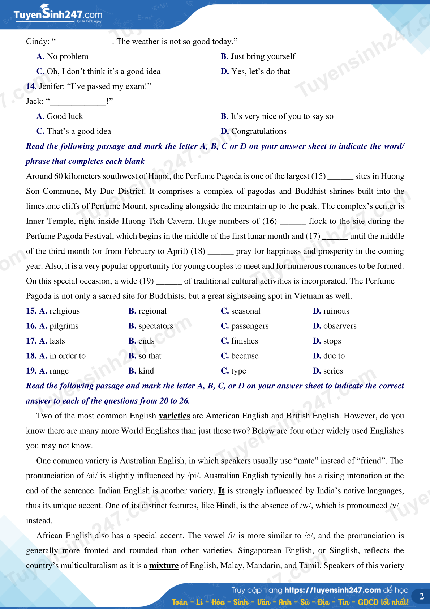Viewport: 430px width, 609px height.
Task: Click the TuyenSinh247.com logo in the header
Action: pyautogui.click(x=58, y=14)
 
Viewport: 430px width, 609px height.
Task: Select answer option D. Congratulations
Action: pyautogui.click(x=254, y=131)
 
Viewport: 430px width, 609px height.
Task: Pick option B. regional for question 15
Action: pyautogui.click(x=147, y=311)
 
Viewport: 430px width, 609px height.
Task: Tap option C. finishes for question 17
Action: pyautogui.click(x=240, y=341)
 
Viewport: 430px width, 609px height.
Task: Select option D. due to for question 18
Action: pyautogui.click(x=329, y=356)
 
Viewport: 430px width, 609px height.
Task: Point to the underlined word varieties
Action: pyautogui.click(x=174, y=416)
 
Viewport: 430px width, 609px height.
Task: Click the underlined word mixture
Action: pyautogui.click(x=164, y=566)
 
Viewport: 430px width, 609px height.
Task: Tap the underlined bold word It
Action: pyautogui.click(x=221, y=491)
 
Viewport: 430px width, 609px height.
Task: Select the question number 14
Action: pyautogui.click(x=31, y=86)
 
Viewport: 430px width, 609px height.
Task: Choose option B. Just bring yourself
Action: pyautogui.click(x=258, y=56)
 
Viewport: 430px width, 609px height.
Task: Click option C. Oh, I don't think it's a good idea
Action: pyautogui.click(x=99, y=72)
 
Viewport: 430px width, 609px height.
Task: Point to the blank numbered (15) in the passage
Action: pyautogui.click(x=340, y=176)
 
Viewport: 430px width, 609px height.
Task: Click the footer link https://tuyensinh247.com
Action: pyautogui.click(x=332, y=590)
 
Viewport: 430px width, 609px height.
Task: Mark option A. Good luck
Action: pyautogui.click(x=60, y=116)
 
